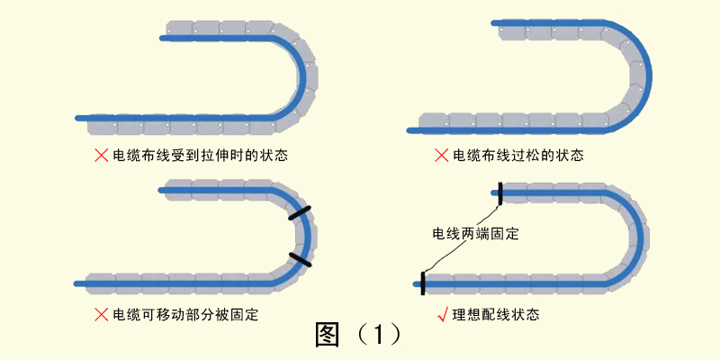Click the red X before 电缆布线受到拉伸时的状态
click(101, 156)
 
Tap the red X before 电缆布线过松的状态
click(441, 156)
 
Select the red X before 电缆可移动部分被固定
click(101, 314)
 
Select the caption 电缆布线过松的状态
click(517, 156)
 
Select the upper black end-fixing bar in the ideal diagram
click(499, 193)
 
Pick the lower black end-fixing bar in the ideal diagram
click(422, 283)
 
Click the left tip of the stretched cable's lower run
click(78, 117)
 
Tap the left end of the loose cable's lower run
click(410, 130)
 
